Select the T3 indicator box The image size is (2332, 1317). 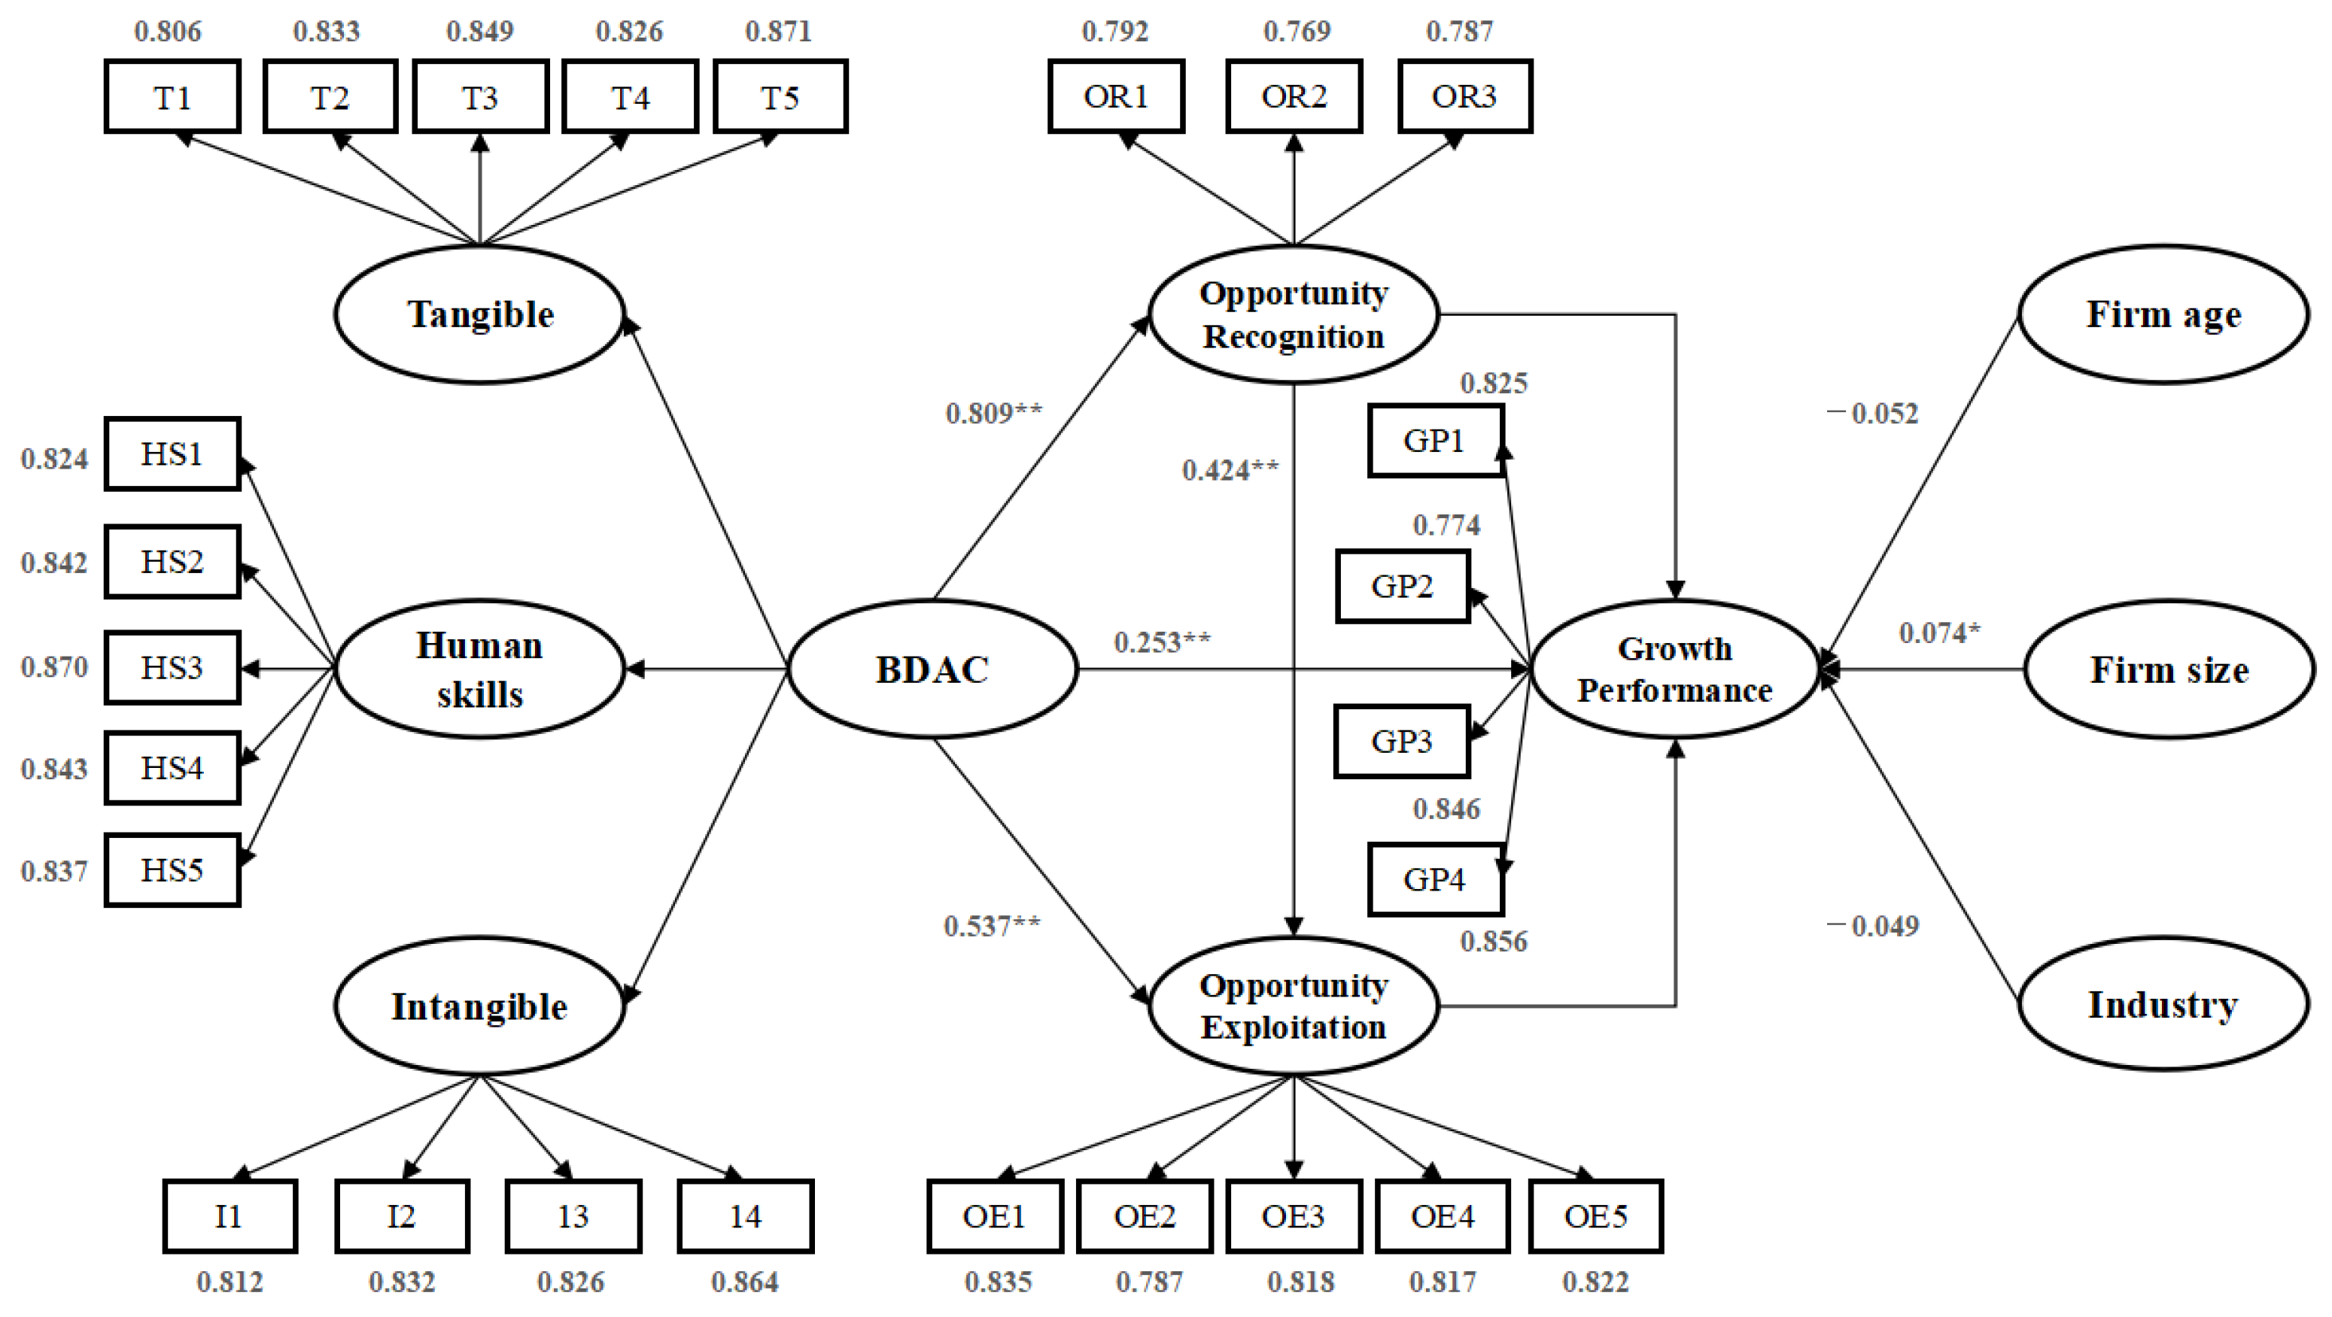(480, 97)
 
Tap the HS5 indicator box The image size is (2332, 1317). (172, 870)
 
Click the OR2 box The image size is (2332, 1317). (1294, 97)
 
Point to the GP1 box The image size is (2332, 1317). (1435, 441)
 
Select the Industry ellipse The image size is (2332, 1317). (2163, 1005)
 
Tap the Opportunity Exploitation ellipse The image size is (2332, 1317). (1294, 1006)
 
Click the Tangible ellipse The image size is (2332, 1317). (480, 314)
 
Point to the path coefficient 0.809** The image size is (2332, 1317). (993, 414)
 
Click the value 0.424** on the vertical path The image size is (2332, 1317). (1230, 471)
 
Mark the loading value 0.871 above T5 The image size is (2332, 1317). (779, 32)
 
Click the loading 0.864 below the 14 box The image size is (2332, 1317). (744, 1282)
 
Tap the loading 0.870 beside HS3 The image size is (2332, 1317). (54, 668)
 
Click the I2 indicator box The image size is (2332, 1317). (402, 1215)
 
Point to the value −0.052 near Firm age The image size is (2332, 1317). (1873, 414)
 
